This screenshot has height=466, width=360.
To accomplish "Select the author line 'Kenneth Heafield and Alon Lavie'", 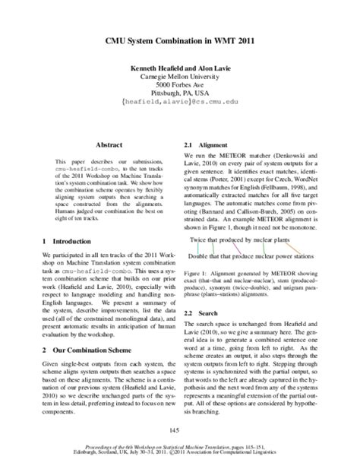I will (x=179, y=67).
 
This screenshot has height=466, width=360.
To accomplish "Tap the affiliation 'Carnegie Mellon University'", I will (x=179, y=77).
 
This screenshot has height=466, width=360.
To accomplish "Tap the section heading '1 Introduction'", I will (x=68, y=240).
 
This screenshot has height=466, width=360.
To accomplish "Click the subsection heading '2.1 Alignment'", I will (x=207, y=144).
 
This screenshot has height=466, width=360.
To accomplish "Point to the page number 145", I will (x=179, y=431).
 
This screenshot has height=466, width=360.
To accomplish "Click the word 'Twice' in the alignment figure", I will (x=200, y=240).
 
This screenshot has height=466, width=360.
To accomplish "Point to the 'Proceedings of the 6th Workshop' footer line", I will (x=179, y=451).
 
